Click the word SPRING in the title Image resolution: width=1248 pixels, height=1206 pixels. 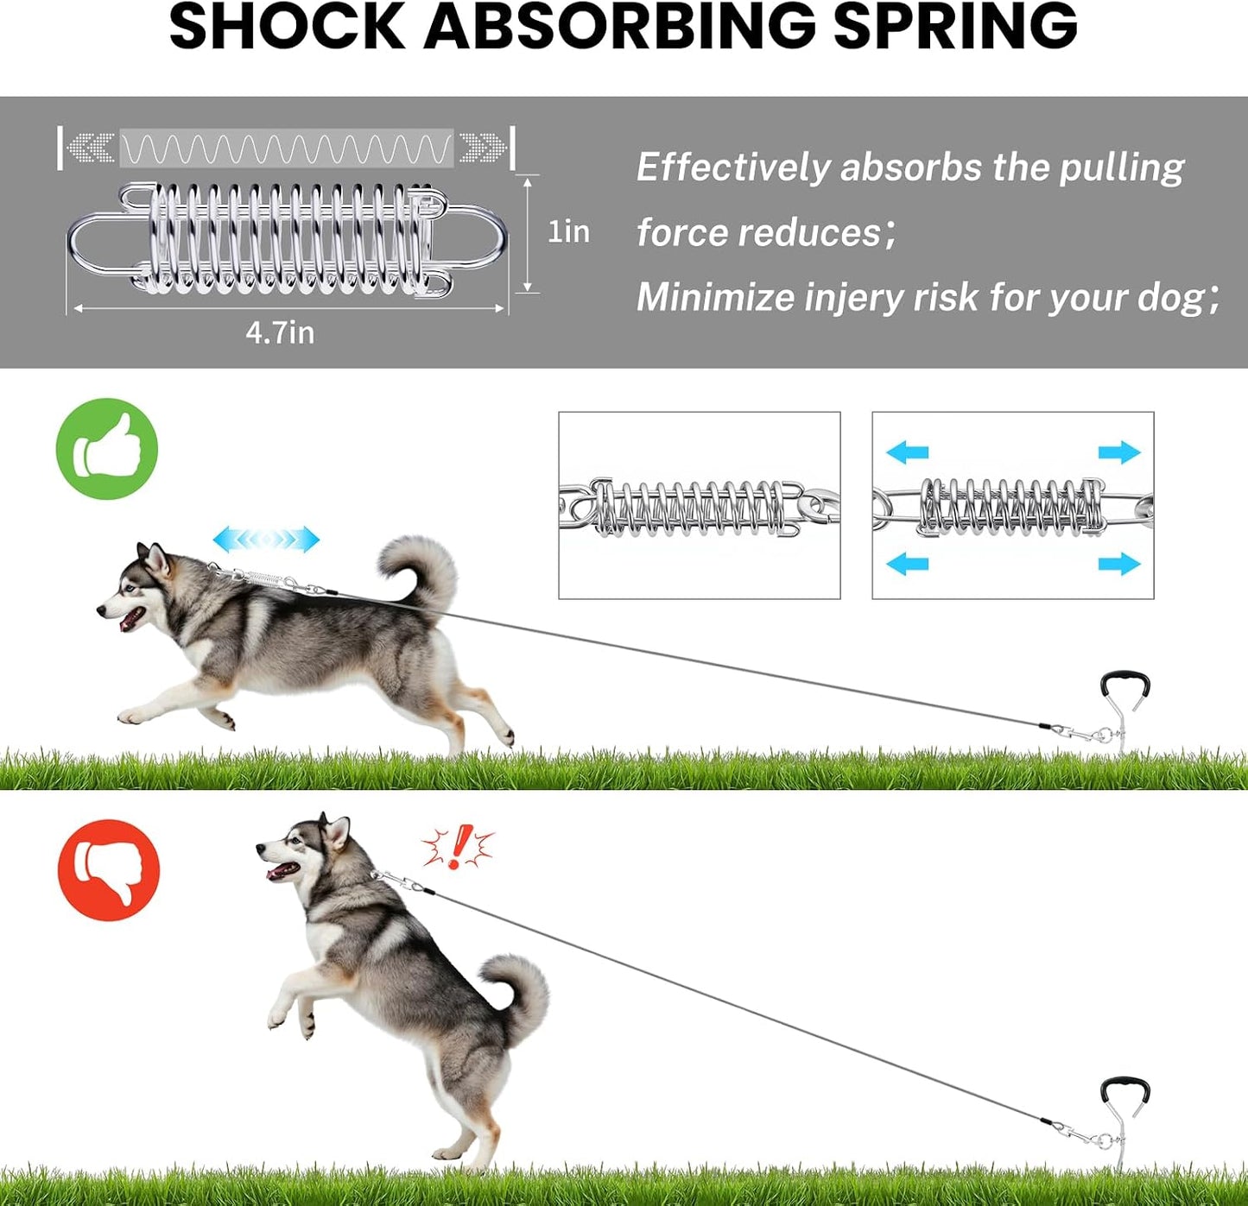(x=955, y=26)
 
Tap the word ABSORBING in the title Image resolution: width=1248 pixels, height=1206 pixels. (x=619, y=26)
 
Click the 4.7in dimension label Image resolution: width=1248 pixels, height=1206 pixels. (x=280, y=333)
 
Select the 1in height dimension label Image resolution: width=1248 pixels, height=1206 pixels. (x=568, y=232)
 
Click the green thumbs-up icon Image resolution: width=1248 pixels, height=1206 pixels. (x=107, y=449)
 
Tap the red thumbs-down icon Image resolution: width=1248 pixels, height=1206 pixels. (x=108, y=870)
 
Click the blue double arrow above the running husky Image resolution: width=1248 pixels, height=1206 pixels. (x=266, y=540)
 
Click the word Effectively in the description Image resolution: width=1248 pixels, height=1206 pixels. (x=733, y=168)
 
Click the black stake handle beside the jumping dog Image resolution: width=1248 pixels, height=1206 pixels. (x=1124, y=1095)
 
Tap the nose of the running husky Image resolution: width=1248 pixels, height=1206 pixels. (x=101, y=609)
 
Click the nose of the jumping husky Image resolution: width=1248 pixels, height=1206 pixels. (x=261, y=849)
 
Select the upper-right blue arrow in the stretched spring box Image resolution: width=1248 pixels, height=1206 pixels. (x=1119, y=452)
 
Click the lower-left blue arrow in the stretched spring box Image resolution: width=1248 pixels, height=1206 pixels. (x=907, y=565)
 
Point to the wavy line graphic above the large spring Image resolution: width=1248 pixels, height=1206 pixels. (x=287, y=148)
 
